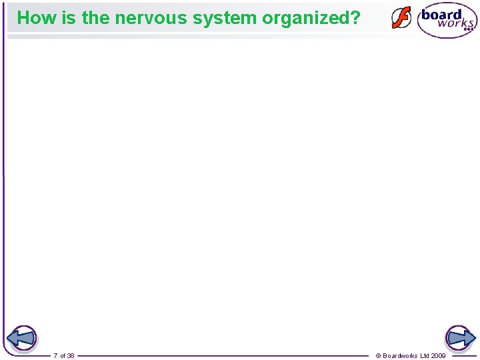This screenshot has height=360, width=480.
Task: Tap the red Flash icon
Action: coord(401,18)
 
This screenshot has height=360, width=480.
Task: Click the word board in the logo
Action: coord(441,14)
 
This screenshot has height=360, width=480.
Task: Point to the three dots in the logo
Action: coord(469,30)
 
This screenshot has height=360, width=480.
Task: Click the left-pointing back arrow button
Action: coord(23,339)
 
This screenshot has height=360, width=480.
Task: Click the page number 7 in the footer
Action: coord(55,356)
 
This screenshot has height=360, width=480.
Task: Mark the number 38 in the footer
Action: coord(71,356)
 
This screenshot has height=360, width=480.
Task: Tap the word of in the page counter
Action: coord(62,356)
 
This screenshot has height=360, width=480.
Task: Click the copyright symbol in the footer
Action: coord(379,356)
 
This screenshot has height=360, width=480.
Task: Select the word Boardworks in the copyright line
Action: coord(400,356)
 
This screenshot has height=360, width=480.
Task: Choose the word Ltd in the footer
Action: coord(425,356)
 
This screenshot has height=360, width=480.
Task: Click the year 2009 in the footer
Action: coord(439,356)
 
